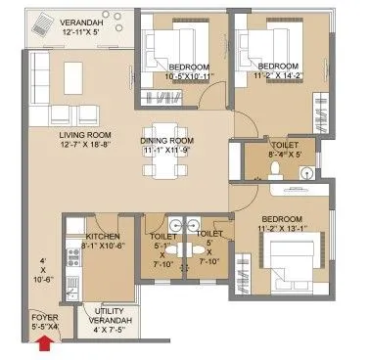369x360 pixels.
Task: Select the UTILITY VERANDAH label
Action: [108, 321]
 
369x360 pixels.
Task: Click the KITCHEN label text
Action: [102, 236]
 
